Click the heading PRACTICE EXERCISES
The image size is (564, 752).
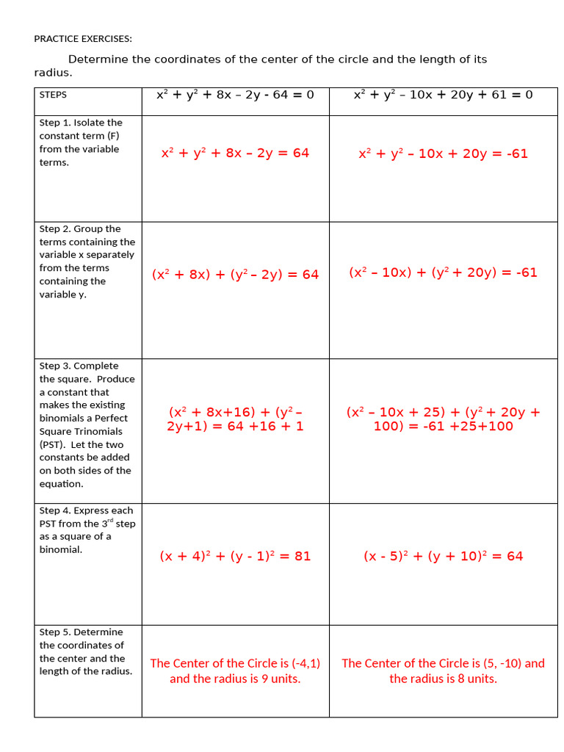click(x=83, y=39)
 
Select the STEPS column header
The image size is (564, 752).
click(x=53, y=95)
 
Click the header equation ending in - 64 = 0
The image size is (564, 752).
click(x=235, y=95)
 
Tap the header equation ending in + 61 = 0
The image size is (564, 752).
click(x=443, y=95)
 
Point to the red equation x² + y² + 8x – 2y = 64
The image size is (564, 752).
click(x=235, y=153)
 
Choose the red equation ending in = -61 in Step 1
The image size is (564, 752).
click(x=443, y=153)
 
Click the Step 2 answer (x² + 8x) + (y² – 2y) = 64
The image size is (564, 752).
click(x=235, y=275)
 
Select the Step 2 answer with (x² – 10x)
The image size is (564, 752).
click(x=443, y=272)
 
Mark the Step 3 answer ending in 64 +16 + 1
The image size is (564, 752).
click(x=235, y=419)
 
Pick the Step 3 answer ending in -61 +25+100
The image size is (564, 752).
click(x=443, y=419)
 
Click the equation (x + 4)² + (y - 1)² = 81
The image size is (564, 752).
click(x=235, y=557)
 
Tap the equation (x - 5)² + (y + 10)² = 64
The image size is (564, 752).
click(x=443, y=557)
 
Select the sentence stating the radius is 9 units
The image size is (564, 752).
click(x=235, y=671)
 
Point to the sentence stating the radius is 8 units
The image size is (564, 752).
click(x=443, y=671)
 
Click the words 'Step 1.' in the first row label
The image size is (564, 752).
click(x=55, y=123)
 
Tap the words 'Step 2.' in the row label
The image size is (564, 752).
click(x=55, y=229)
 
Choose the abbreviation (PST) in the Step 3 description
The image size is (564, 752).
click(x=51, y=445)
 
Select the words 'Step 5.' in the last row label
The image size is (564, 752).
click(x=55, y=632)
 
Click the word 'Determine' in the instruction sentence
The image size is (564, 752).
click(x=98, y=59)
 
